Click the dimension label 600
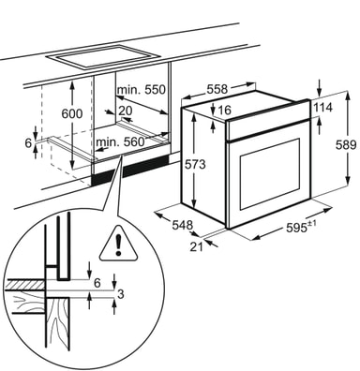coord(72,113)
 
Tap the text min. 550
coord(141,90)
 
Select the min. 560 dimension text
coord(120,142)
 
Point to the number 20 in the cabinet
coord(126,111)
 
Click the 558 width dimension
coord(217,90)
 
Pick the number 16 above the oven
coord(224,110)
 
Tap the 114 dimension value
coord(323,108)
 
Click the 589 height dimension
coord(346,145)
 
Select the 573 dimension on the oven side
coord(195,164)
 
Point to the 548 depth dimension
coord(183,225)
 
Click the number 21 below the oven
coord(197,246)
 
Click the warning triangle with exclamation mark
coord(118,244)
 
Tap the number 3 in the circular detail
coord(121,294)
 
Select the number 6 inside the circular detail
coord(97,283)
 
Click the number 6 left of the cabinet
coord(28,143)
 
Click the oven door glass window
coord(270,174)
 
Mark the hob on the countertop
coord(103,56)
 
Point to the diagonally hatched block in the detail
coord(26,285)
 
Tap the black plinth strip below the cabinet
coord(130,171)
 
